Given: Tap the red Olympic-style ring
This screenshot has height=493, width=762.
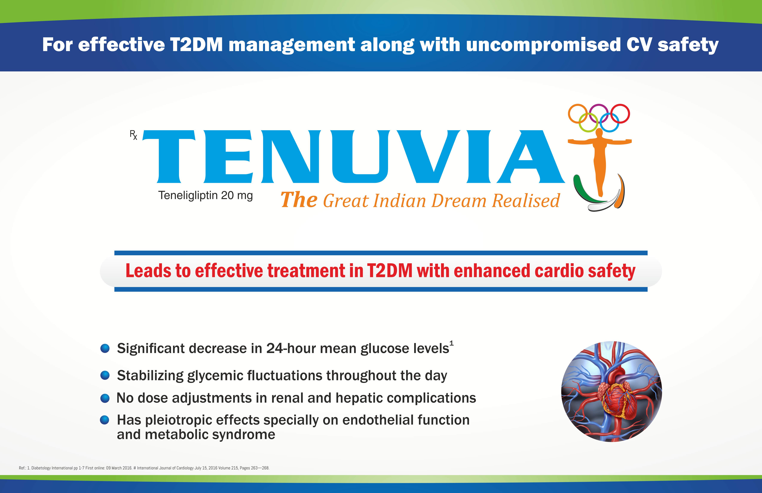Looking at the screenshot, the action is click(x=620, y=114).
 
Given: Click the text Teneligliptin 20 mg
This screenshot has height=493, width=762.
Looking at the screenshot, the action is click(x=206, y=195).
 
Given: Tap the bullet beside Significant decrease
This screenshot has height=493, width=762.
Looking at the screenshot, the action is click(x=105, y=348).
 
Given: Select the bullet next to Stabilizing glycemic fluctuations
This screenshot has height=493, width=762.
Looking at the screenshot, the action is click(x=105, y=375).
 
